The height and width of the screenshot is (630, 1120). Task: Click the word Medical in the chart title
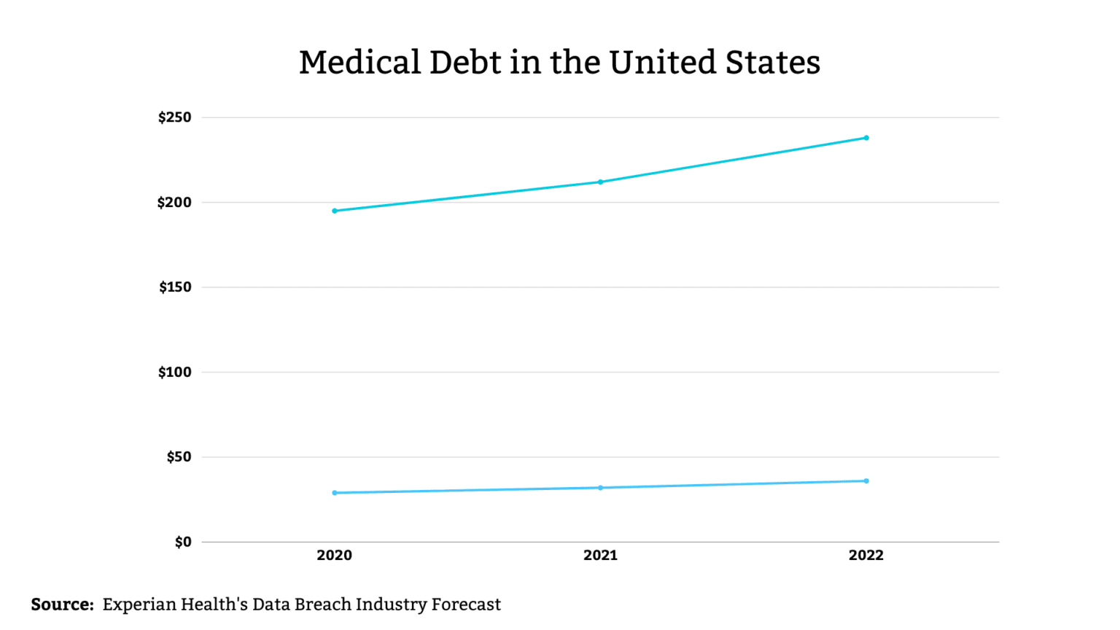359,63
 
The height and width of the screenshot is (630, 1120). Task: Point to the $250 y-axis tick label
175,117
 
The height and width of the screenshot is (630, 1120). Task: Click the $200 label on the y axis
174,203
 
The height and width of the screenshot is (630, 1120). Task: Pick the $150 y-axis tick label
175,287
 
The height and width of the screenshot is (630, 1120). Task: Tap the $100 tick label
175,373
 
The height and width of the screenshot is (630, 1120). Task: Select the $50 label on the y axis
179,457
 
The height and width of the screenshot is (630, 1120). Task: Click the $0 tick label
183,542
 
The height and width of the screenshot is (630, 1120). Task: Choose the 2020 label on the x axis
335,556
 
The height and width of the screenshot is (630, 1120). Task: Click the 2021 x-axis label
600,556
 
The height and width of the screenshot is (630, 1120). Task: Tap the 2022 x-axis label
866,556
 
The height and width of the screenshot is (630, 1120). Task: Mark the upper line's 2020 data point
335,211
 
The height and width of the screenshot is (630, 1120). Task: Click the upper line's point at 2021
601,182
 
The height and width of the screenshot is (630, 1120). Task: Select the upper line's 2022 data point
866,138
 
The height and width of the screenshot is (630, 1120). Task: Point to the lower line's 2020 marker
335,493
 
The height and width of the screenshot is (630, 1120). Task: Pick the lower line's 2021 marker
601,488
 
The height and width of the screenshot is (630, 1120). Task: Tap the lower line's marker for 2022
866,481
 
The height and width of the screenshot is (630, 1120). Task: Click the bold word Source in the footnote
62,604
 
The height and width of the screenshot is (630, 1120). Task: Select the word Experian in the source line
139,605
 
